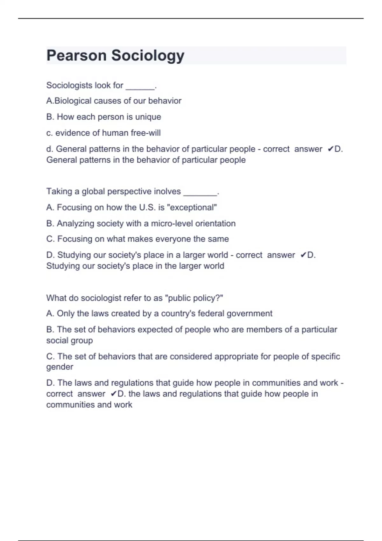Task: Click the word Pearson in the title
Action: (76, 55)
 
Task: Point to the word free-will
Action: (145, 133)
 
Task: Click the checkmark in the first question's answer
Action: (330, 149)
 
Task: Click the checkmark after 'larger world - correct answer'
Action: (303, 255)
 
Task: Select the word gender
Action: (60, 367)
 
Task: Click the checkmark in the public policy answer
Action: (114, 394)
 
